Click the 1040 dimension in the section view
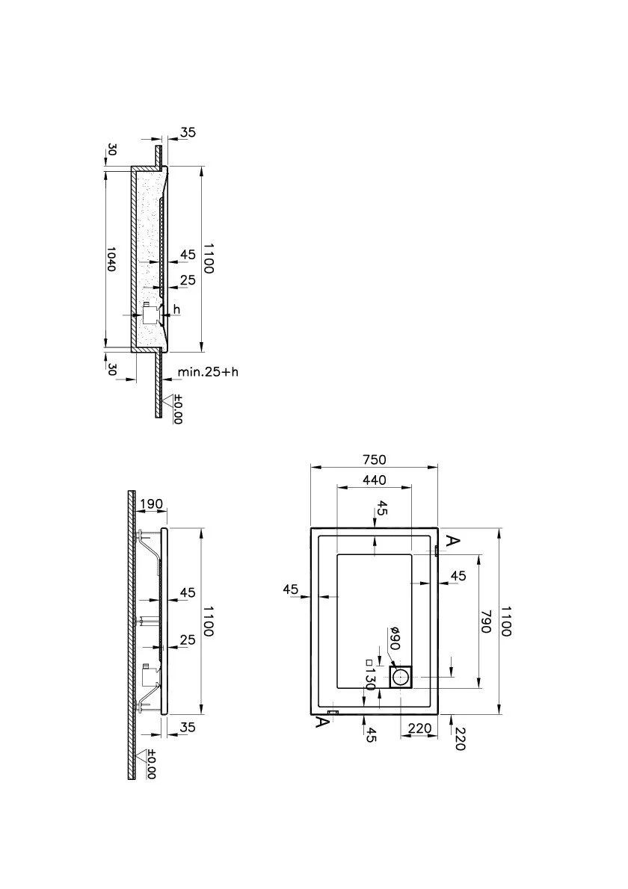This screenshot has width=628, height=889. (x=111, y=258)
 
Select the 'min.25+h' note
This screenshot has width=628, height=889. (x=208, y=372)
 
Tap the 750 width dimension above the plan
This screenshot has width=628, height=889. (x=374, y=459)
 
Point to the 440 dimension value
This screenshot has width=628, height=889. (x=375, y=480)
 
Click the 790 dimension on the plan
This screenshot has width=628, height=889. (x=486, y=622)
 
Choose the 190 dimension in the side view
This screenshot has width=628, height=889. (x=151, y=504)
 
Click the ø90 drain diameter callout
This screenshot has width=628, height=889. (x=395, y=639)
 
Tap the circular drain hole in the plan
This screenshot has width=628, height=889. (x=403, y=678)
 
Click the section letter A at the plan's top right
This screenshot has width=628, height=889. (x=451, y=540)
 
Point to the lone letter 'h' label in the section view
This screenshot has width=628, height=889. (x=176, y=309)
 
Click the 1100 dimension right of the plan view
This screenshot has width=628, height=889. (x=505, y=622)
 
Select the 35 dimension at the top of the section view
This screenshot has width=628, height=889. (x=188, y=132)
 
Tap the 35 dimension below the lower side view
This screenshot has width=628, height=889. (x=187, y=726)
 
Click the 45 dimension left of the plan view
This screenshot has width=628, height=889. (x=291, y=589)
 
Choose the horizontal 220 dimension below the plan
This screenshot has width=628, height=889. (x=420, y=728)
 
